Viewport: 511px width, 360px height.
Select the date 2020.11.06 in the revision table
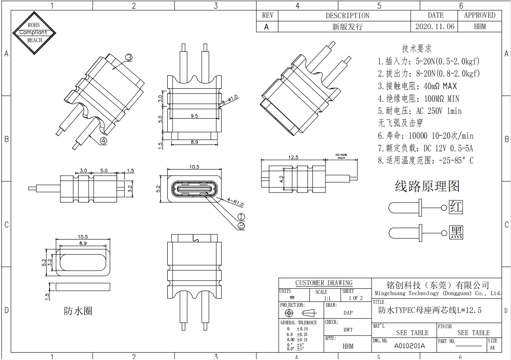pyautogui.click(x=435, y=27)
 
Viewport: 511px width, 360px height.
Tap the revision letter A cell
pyautogui.click(x=266, y=27)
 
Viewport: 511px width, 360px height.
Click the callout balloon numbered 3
pyautogui.click(x=129, y=57)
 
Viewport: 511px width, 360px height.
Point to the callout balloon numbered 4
pyautogui.click(x=103, y=140)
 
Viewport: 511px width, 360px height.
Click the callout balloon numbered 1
pyautogui.click(x=242, y=217)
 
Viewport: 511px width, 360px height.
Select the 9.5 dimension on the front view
pyautogui.click(x=194, y=116)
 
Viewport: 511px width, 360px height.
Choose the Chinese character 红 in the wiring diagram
pyautogui.click(x=456, y=207)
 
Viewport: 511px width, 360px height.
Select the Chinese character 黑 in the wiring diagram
pyautogui.click(x=456, y=232)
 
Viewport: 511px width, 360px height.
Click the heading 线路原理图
pyautogui.click(x=427, y=187)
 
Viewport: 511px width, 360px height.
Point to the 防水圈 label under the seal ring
pyautogui.click(x=78, y=311)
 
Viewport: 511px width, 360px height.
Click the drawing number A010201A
pyautogui.click(x=409, y=346)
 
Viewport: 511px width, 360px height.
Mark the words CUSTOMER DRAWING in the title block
pyautogui.click(x=324, y=283)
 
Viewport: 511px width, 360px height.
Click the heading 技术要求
pyautogui.click(x=417, y=48)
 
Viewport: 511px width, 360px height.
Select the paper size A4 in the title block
pyautogui.click(x=492, y=347)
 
